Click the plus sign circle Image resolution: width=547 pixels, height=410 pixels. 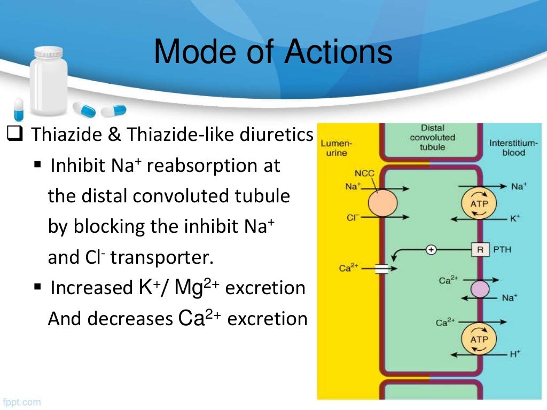(431, 249)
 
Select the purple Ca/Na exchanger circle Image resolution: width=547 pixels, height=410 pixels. (479, 288)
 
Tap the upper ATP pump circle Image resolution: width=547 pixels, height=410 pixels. (479, 203)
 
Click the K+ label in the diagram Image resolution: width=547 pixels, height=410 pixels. (515, 218)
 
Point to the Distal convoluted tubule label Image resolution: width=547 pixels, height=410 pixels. (433, 137)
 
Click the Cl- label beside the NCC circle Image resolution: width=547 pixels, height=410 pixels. (353, 218)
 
